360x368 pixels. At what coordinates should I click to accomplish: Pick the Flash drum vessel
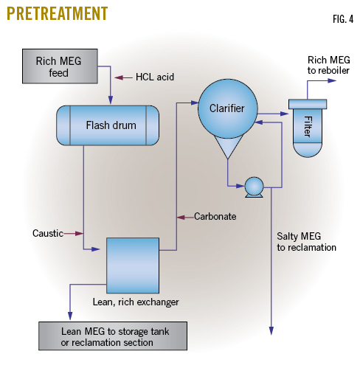click(x=108, y=125)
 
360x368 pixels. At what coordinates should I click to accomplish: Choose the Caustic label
click(x=48, y=233)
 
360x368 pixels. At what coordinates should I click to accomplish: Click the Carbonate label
click(x=215, y=217)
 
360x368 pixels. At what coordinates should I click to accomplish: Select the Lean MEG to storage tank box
click(x=113, y=335)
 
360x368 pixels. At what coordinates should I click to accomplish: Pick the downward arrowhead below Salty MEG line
click(x=271, y=330)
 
